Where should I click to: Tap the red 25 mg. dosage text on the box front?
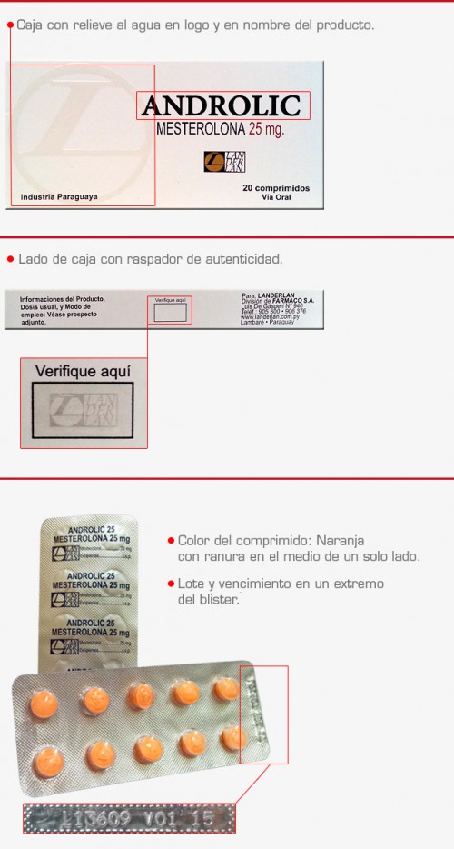(x=260, y=129)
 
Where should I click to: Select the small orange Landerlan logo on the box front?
(x=224, y=161)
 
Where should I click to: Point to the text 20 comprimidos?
(x=276, y=188)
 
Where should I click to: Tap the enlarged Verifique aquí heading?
(x=83, y=371)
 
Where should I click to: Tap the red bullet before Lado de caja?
(x=10, y=259)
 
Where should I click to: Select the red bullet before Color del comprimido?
(x=170, y=540)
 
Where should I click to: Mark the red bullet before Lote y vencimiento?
(x=170, y=583)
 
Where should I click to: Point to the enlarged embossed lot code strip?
(x=128, y=817)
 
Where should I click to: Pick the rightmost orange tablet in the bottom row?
(x=234, y=736)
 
